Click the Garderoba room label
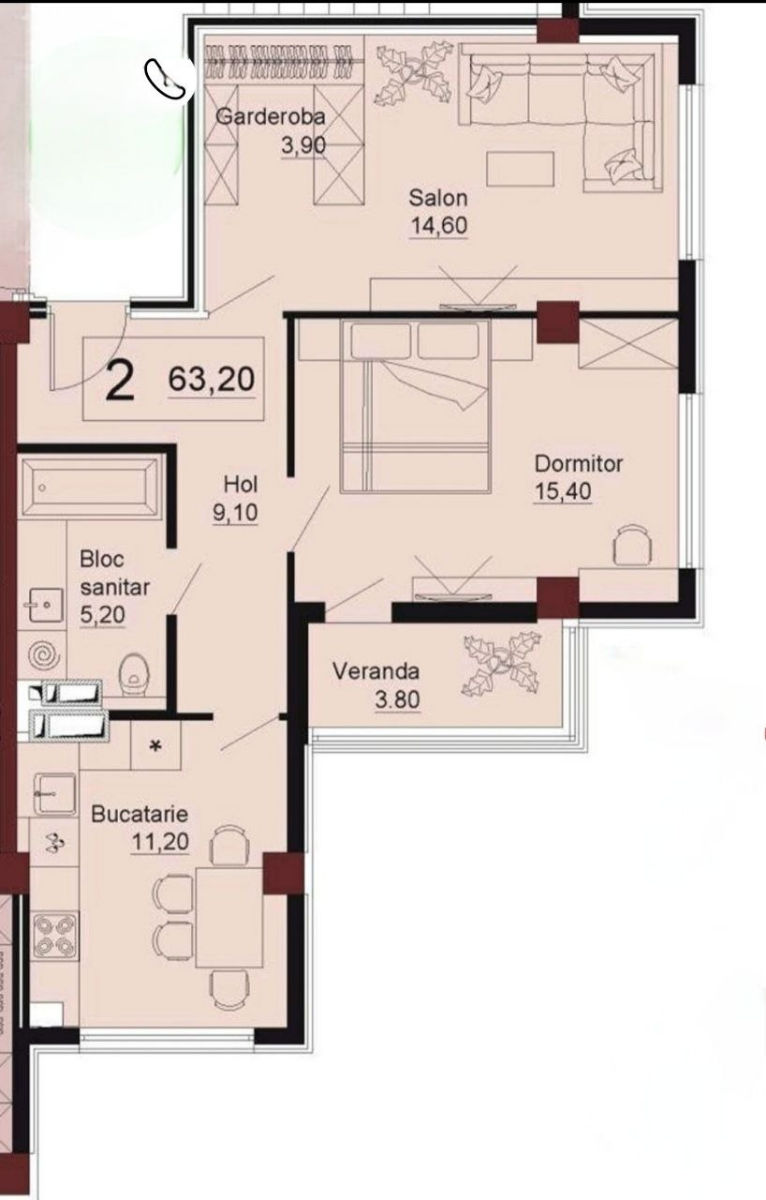click(x=271, y=116)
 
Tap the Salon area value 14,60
click(x=439, y=226)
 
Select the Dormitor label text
click(x=579, y=464)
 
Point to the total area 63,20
click(x=212, y=379)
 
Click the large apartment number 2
click(x=119, y=380)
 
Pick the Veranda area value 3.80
click(x=397, y=700)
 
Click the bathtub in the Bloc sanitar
click(x=91, y=486)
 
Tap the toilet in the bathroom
click(x=133, y=676)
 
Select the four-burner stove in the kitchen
click(x=55, y=936)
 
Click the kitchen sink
click(x=55, y=794)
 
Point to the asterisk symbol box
click(x=156, y=745)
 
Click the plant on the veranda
click(x=501, y=663)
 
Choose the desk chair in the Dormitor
click(x=632, y=544)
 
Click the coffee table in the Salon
click(x=520, y=168)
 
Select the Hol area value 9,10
click(x=235, y=513)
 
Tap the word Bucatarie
click(x=140, y=814)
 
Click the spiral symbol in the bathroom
click(x=44, y=655)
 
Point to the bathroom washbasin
click(x=45, y=605)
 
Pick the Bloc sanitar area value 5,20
click(x=102, y=614)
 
